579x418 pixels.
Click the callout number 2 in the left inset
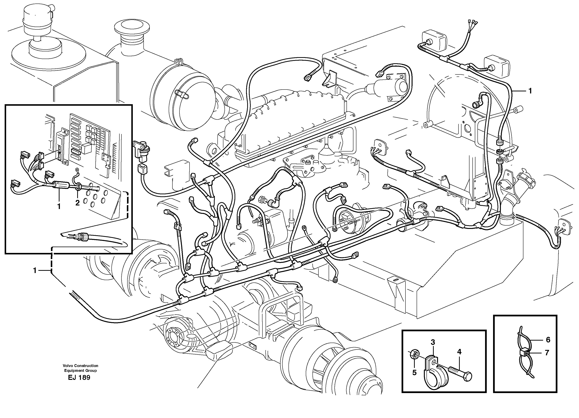pyautogui.click(x=77, y=203)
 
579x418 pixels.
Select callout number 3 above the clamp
pyautogui.click(x=433, y=342)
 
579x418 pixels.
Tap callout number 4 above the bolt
pyautogui.click(x=459, y=352)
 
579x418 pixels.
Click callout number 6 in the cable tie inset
pyautogui.click(x=548, y=340)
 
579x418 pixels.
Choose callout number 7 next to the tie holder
pyautogui.click(x=547, y=353)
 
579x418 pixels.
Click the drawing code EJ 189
pyautogui.click(x=79, y=378)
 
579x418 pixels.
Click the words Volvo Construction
pyautogui.click(x=81, y=366)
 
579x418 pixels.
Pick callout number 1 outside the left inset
pyautogui.click(x=35, y=270)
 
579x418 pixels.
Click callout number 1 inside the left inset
pyautogui.click(x=59, y=206)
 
